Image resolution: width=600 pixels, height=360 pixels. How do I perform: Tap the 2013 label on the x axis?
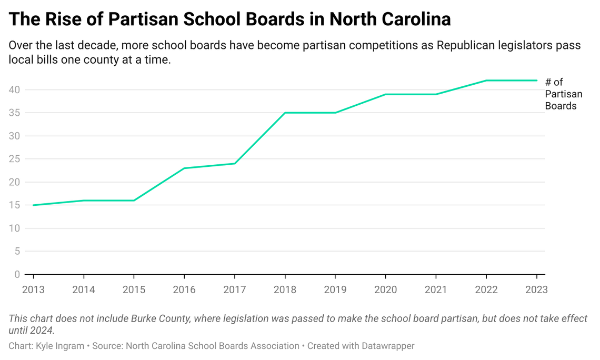(x=33, y=289)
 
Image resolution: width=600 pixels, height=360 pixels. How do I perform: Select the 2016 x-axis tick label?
(x=184, y=289)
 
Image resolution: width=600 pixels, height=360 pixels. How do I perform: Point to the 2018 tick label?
(x=285, y=289)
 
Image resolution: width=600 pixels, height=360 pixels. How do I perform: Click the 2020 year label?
(x=385, y=289)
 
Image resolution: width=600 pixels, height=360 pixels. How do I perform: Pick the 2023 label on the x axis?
(x=536, y=289)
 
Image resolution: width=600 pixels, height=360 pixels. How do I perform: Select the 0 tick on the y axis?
(x=17, y=274)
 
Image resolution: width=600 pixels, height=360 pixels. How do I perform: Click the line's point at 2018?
(x=285, y=113)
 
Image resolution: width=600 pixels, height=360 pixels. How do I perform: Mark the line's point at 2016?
(x=184, y=168)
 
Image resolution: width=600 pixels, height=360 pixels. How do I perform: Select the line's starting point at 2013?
(x=33, y=205)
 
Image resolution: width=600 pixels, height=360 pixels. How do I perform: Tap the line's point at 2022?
(x=486, y=81)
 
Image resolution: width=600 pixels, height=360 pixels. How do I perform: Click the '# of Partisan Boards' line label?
(x=563, y=94)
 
